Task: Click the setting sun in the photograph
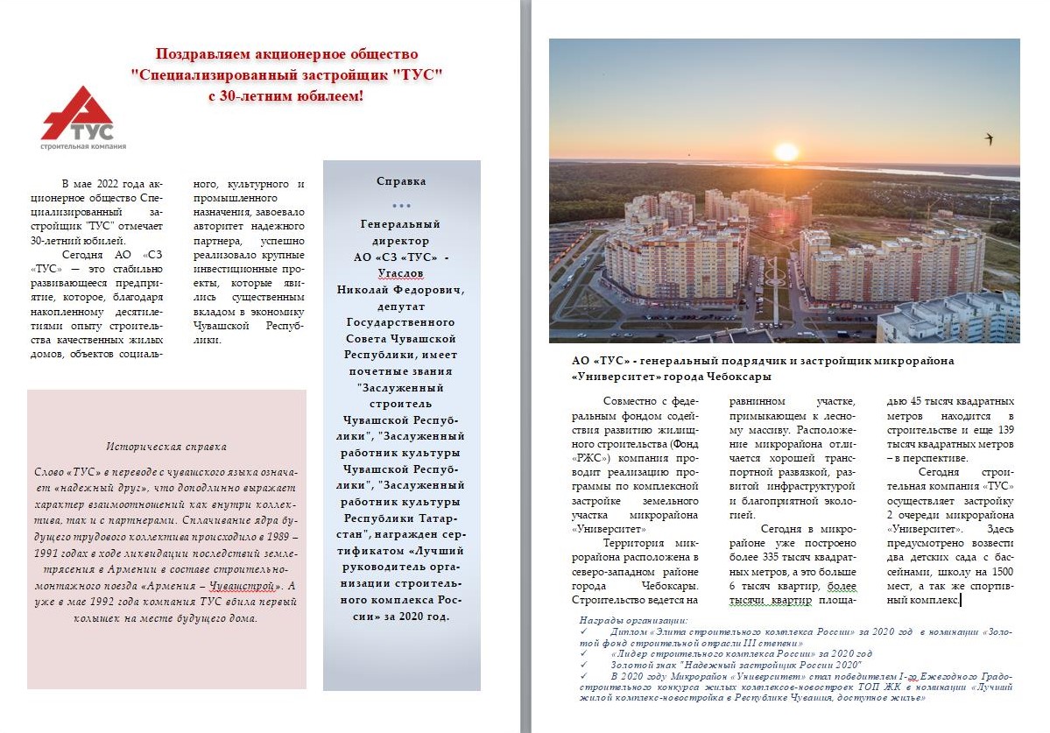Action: pos(786,152)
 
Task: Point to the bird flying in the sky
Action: pos(990,138)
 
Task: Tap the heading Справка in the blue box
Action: pos(401,181)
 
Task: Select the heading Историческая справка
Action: pos(166,446)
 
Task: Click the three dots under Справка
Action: pos(401,206)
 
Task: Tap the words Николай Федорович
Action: pos(401,289)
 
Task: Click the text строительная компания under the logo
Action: pos(82,146)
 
